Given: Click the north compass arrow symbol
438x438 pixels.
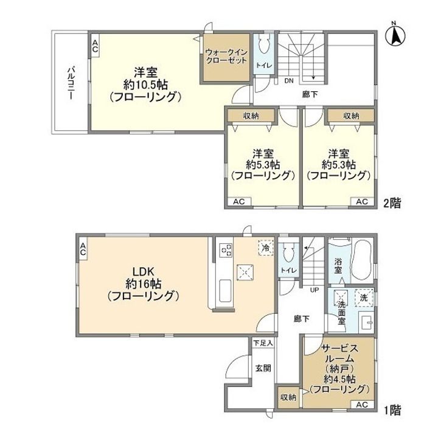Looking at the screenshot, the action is tap(395, 35).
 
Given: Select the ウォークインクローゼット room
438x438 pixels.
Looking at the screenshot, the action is tap(226, 57).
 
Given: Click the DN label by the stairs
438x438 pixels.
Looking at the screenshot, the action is tap(289, 81).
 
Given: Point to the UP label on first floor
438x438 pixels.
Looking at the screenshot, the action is tap(315, 290).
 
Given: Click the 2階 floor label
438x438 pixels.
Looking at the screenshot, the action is tap(392, 203).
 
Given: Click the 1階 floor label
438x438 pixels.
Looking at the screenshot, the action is tap(392, 411).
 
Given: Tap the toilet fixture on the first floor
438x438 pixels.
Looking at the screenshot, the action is tap(288, 252).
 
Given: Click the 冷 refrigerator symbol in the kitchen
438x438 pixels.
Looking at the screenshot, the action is tap(265, 247).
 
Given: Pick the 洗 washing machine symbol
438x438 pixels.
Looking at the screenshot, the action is tap(364, 297).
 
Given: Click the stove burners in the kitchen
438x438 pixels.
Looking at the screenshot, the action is tap(226, 250).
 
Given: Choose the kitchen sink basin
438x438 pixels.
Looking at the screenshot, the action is tap(225, 291).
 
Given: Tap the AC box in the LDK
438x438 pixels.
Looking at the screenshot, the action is tap(83, 249).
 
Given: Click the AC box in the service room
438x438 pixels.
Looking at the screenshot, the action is tap(362, 404).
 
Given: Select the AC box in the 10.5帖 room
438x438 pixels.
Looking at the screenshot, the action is tap(95, 46).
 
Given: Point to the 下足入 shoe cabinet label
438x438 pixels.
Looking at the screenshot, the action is tap(263, 342).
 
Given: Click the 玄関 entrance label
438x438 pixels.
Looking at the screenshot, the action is tap(263, 368).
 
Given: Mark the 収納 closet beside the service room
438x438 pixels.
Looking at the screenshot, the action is tap(288, 397).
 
